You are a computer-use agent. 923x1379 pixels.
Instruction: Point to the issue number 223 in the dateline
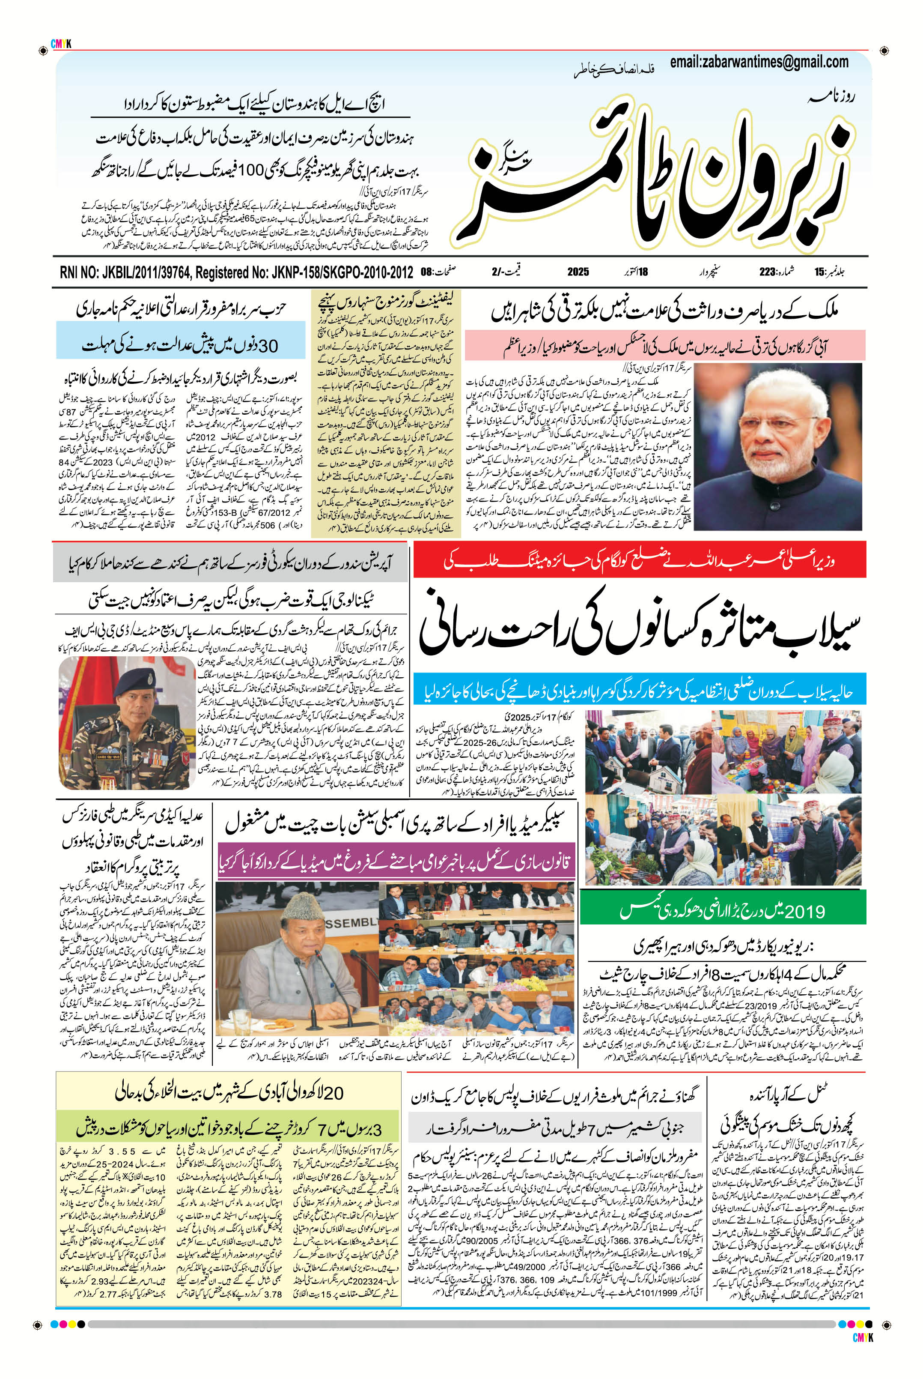(x=766, y=272)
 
